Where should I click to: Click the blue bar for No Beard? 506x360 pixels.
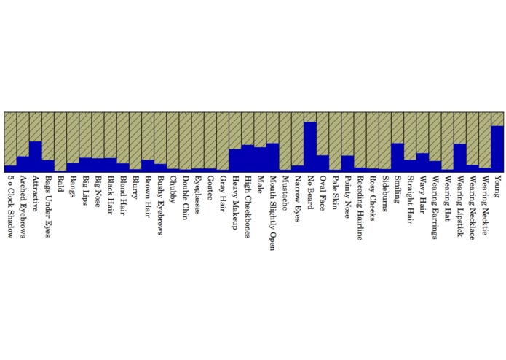coord(309,146)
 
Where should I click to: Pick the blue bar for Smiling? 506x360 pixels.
coord(397,157)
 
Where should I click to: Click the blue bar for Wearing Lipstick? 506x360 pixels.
coord(459,157)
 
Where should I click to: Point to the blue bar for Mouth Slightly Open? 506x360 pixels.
coord(272,157)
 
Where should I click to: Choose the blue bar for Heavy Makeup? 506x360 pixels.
coord(234,160)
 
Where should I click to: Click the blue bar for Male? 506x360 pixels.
coord(260,159)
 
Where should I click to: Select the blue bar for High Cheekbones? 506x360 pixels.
coord(248,157)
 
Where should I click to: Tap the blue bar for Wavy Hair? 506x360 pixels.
coord(422,162)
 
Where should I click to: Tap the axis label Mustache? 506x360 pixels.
coord(285,191)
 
